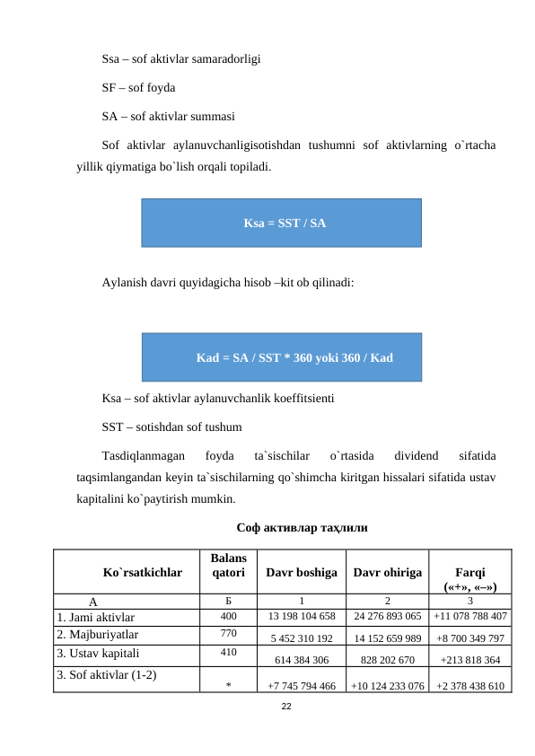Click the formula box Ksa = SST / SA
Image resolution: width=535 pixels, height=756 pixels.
point(282,222)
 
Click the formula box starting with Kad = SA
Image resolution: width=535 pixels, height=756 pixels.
point(282,357)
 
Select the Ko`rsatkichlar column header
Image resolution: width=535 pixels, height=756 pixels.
point(143,571)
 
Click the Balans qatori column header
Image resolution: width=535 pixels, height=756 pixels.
point(229,566)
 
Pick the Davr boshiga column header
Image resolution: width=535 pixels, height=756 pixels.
point(302,572)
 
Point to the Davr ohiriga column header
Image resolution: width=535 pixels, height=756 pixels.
point(387,572)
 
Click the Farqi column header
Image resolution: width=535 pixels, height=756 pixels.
point(471,572)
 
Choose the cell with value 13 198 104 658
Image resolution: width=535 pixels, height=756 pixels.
point(303,617)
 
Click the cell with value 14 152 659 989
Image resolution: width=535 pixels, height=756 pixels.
point(388,639)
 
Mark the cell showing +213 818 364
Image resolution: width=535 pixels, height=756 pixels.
point(471,659)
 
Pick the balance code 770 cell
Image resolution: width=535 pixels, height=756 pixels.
point(229,634)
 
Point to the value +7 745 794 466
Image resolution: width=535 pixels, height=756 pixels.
point(302,686)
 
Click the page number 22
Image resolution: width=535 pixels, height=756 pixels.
point(286,708)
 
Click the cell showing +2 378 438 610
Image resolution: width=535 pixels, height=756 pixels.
point(469,686)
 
